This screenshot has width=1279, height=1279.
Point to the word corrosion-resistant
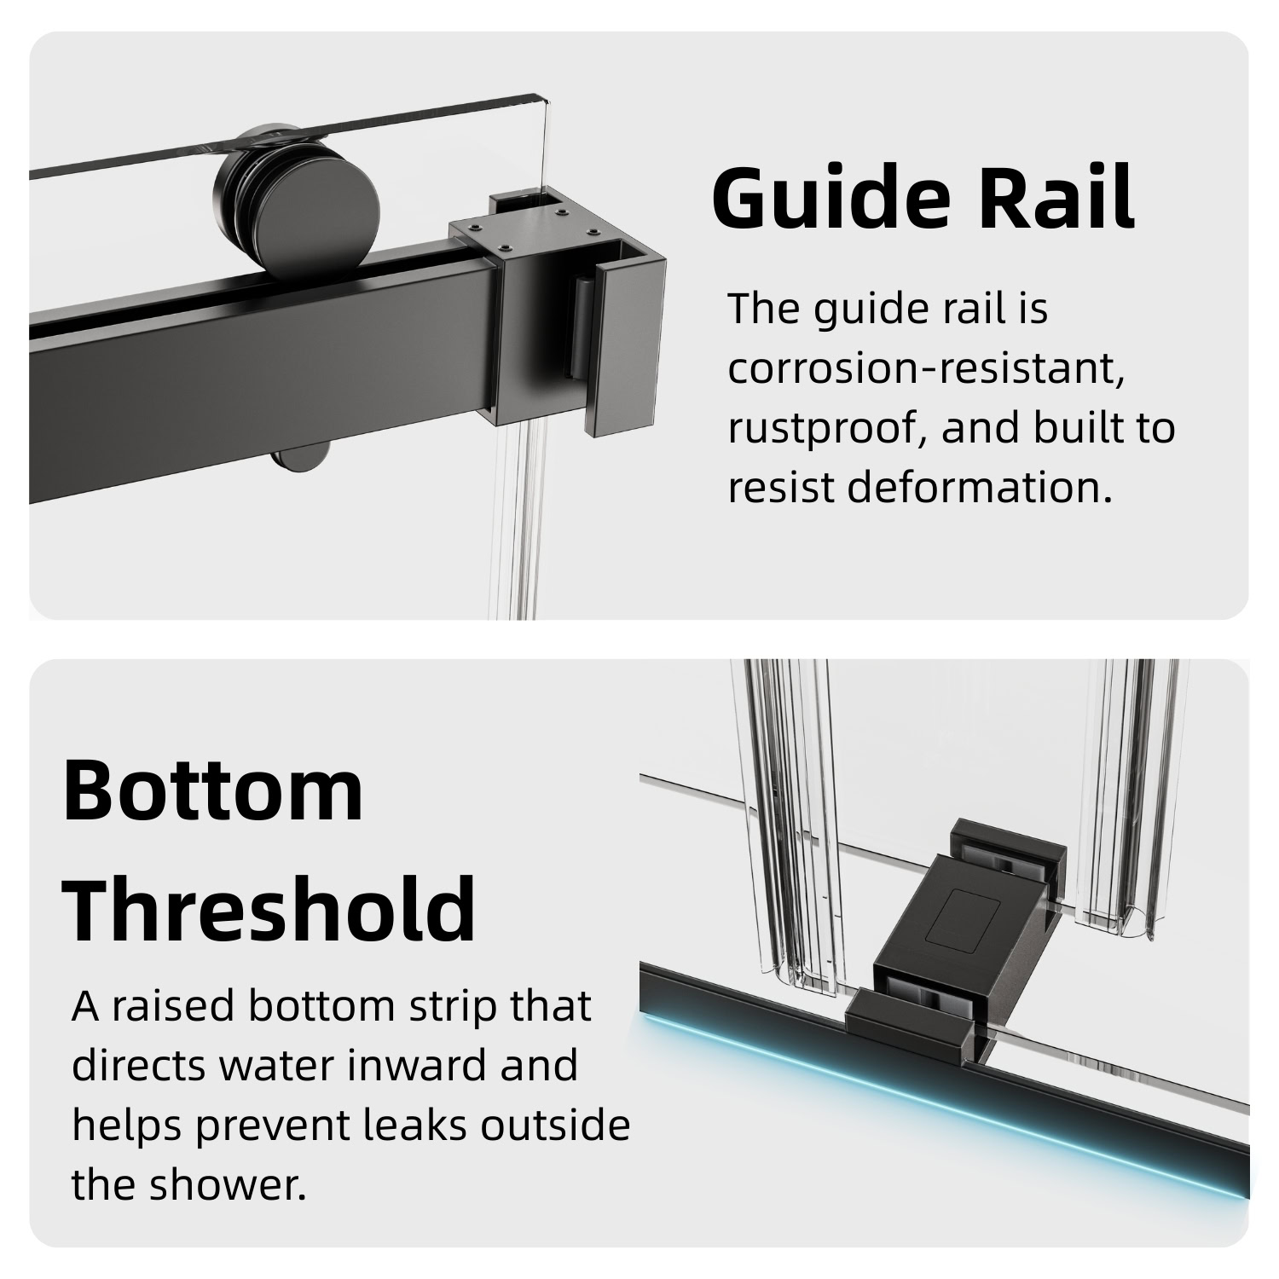point(926,368)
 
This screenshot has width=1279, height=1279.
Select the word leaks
point(419,1126)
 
